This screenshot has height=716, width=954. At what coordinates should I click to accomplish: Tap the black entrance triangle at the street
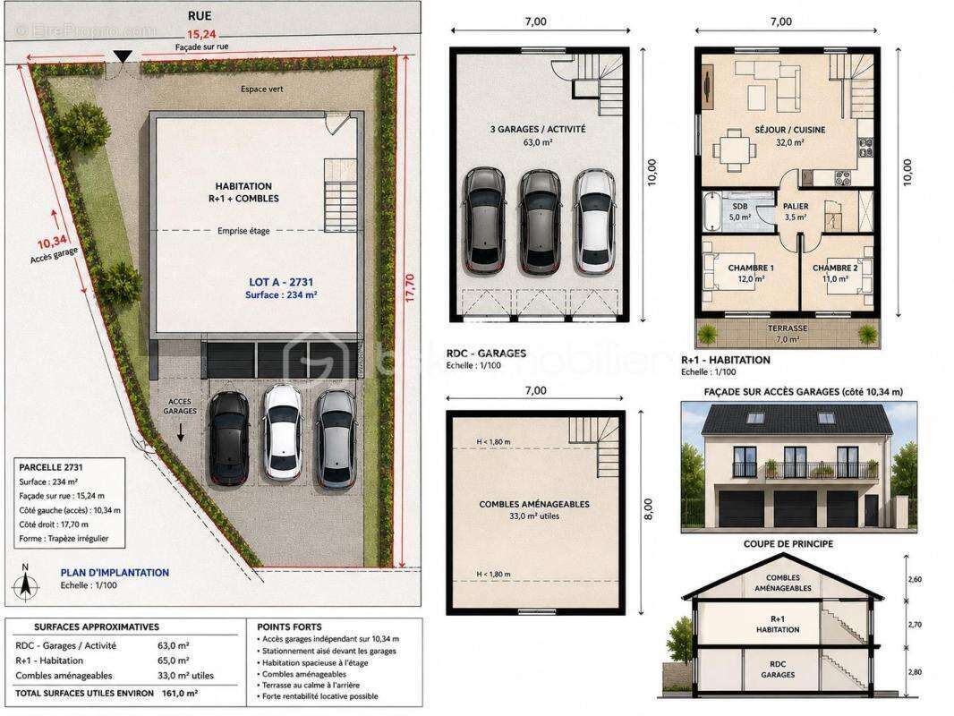pos(123,56)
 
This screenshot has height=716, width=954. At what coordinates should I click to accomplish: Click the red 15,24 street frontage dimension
pos(201,34)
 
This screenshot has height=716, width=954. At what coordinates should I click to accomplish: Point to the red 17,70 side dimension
pos(410,287)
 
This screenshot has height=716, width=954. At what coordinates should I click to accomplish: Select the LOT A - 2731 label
pos(281,282)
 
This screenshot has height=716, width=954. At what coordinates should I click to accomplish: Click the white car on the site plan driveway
pos(283,432)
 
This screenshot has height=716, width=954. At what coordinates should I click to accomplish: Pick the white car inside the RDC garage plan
pos(594,221)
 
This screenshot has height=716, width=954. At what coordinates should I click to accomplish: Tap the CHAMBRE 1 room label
pos(752,273)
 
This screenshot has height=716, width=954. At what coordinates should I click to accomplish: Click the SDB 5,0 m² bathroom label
pos(740,211)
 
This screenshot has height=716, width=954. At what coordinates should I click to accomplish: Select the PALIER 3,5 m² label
pos(796,211)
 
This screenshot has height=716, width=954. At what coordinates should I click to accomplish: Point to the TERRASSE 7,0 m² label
pos(788,333)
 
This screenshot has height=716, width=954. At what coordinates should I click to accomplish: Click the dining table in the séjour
pos(735,149)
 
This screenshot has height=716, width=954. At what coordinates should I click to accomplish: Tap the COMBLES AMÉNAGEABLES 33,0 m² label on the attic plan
pos(534,510)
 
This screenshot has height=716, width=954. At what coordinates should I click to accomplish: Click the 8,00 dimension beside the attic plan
pos(649,509)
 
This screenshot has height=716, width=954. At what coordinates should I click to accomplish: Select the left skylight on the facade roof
pos(755,418)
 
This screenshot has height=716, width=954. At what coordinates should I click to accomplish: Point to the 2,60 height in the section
pos(915,579)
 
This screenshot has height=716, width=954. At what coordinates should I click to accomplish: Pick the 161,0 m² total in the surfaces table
pos(180,693)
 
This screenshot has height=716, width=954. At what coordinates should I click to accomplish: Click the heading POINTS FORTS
pos(290,626)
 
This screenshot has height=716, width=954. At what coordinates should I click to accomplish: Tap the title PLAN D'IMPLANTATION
pos(115,573)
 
